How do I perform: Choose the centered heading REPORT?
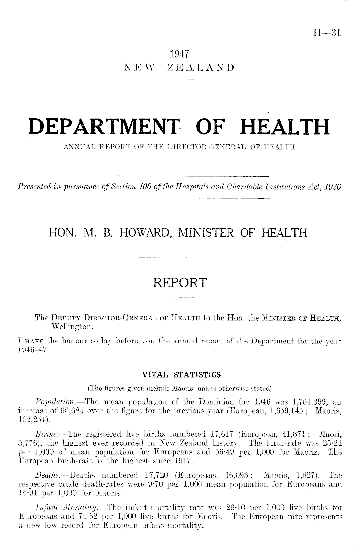coord(180,283)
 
